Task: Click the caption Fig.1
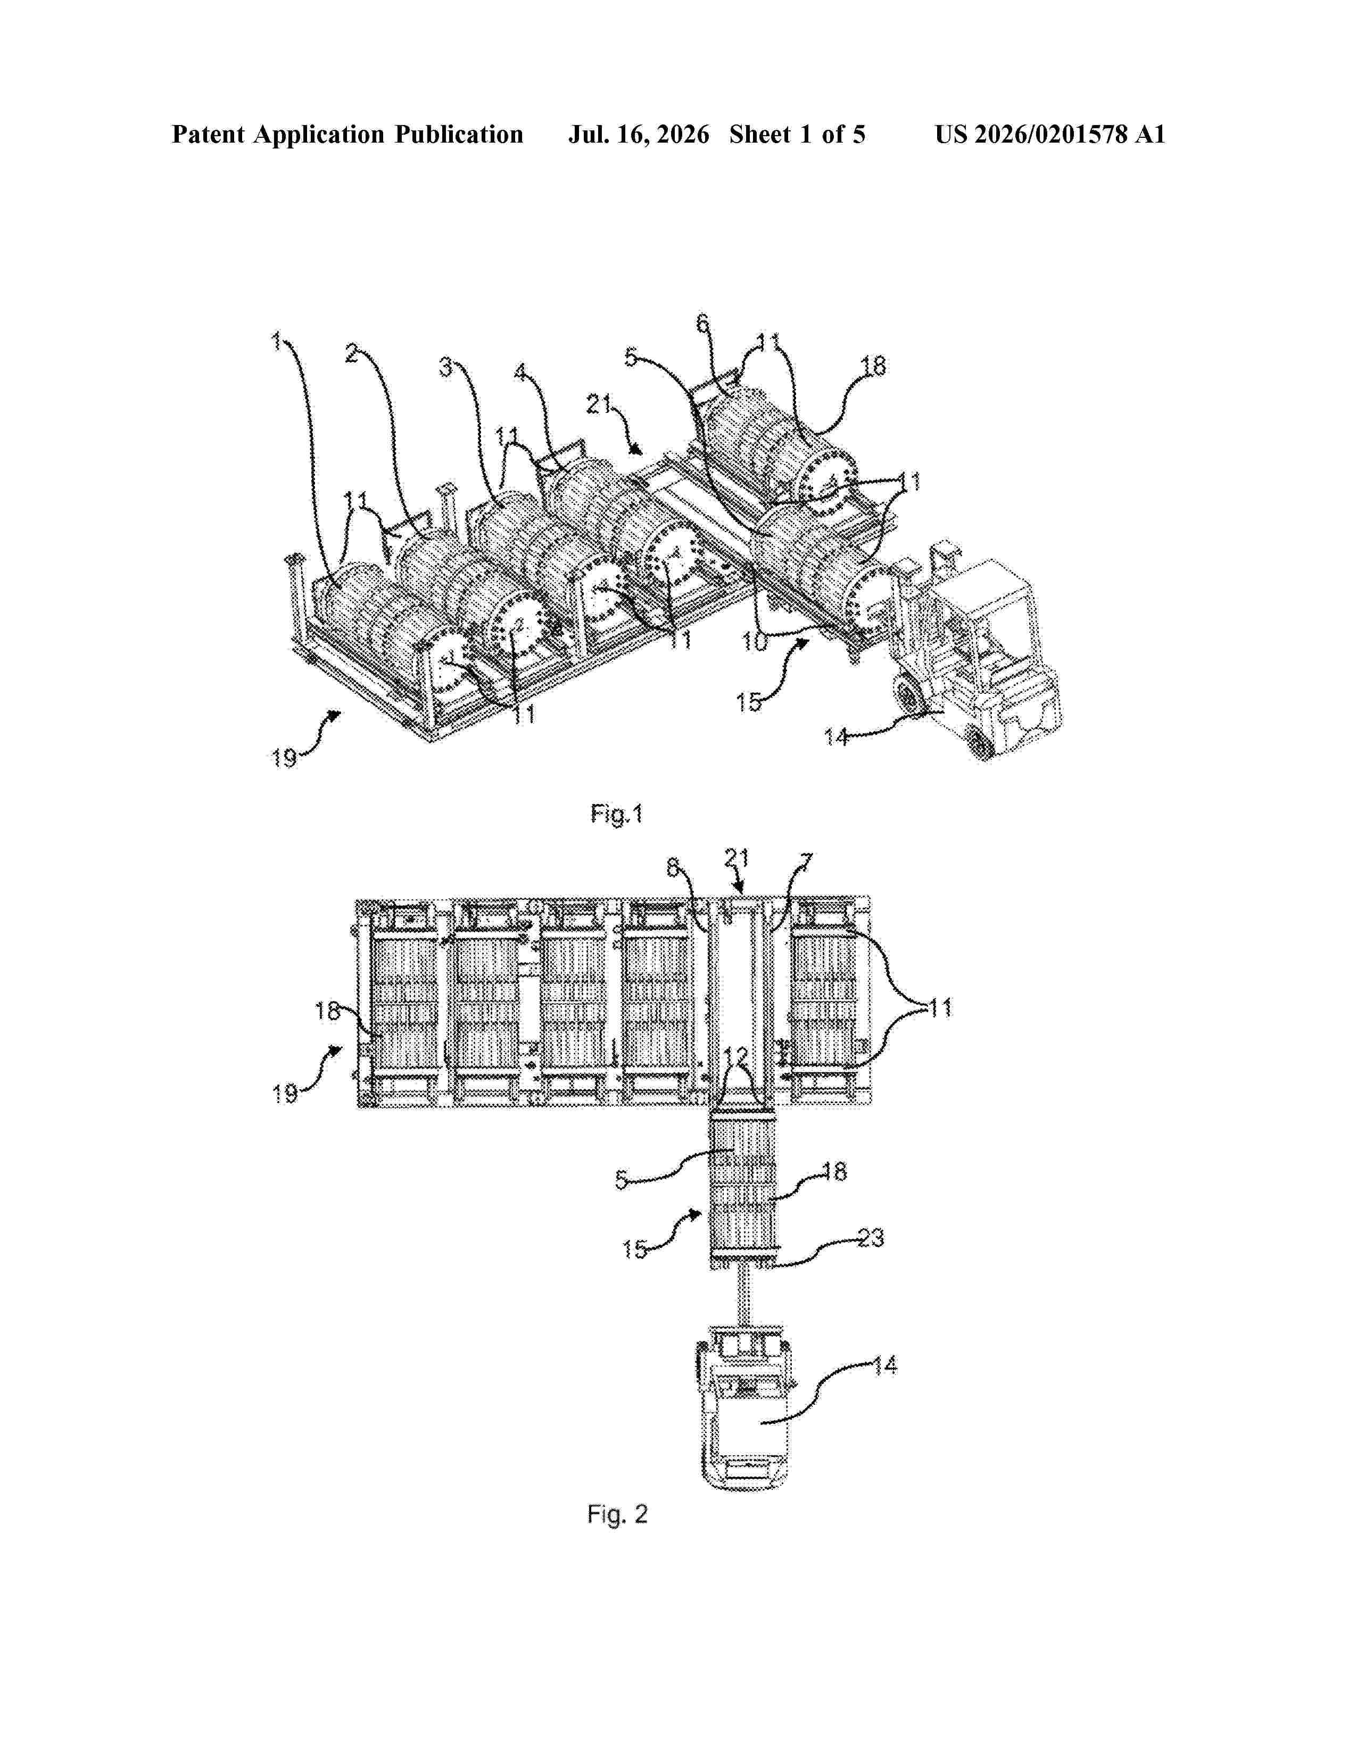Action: pos(617,815)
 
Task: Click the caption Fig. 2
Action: pos(617,1515)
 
